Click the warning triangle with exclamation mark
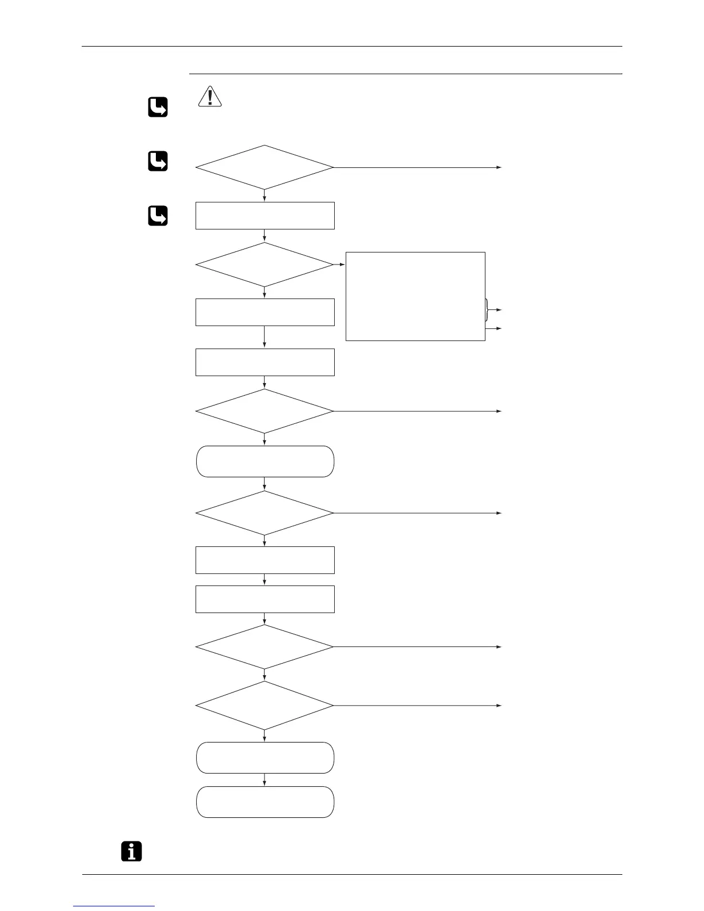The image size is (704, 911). (210, 97)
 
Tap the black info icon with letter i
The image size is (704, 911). (132, 851)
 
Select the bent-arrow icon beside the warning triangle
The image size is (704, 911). (158, 108)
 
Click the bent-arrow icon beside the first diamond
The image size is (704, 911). (158, 162)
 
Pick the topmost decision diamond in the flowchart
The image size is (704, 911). (265, 167)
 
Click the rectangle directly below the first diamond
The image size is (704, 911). (265, 216)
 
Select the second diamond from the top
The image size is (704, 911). (265, 265)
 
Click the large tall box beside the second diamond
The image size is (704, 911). (415, 296)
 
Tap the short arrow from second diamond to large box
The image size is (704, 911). (339, 265)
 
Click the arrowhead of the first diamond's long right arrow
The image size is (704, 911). (499, 167)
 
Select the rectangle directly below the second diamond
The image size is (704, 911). (265, 312)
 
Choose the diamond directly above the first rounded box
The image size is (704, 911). (265, 411)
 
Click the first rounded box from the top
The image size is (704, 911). (265, 461)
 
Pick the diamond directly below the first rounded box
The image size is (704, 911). (265, 512)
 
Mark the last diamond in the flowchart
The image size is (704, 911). (265, 705)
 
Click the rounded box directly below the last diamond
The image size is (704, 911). (265, 757)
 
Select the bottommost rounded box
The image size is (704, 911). (265, 802)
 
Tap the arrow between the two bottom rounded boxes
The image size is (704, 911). (265, 780)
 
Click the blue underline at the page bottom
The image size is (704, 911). (114, 906)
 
